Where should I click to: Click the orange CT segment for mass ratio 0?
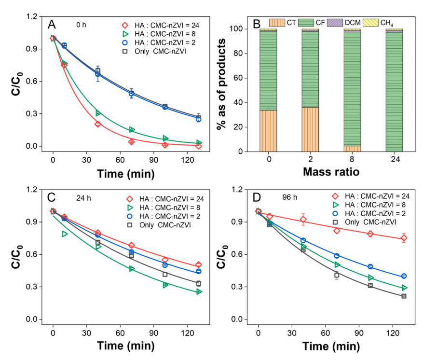[x=268, y=131]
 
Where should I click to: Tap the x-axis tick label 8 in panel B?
[x=353, y=159]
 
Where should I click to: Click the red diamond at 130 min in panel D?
[x=404, y=238]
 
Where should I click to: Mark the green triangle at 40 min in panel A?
[x=98, y=113]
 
